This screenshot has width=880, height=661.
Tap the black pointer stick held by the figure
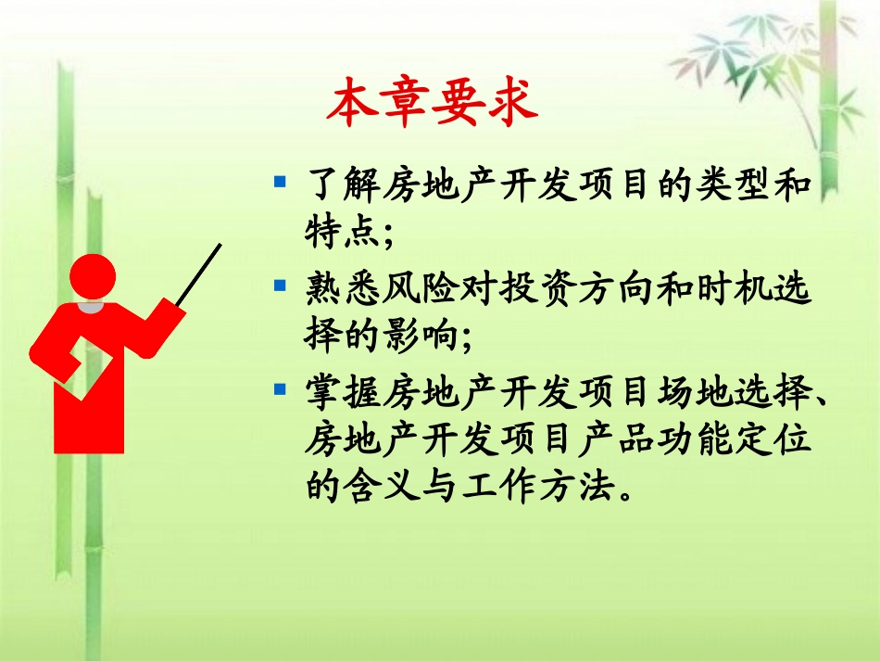[198, 274]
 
